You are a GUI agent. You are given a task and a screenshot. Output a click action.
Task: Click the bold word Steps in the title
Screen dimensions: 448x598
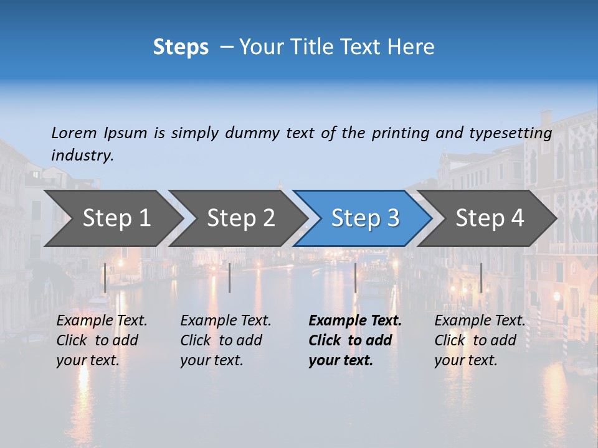click(x=181, y=47)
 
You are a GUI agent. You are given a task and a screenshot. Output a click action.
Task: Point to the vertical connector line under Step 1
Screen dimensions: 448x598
click(x=105, y=278)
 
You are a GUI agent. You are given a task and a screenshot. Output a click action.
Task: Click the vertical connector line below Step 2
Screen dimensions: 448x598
click(x=230, y=278)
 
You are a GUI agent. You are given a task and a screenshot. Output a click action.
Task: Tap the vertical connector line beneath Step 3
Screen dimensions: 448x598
click(x=356, y=278)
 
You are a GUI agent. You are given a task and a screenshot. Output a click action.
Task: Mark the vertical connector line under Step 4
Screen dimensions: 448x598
click(x=481, y=278)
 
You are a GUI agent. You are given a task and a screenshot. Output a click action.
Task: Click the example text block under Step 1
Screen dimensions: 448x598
click(x=102, y=340)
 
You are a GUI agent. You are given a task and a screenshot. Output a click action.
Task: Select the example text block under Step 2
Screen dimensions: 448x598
click(x=225, y=340)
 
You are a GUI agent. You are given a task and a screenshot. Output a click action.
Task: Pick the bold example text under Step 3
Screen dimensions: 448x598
click(x=355, y=340)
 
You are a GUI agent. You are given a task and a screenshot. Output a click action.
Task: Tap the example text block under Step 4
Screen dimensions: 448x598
click(x=480, y=340)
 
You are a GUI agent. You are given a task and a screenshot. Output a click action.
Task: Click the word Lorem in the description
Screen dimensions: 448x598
click(x=74, y=133)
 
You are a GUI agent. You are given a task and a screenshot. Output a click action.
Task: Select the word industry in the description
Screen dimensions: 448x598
click(x=82, y=156)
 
